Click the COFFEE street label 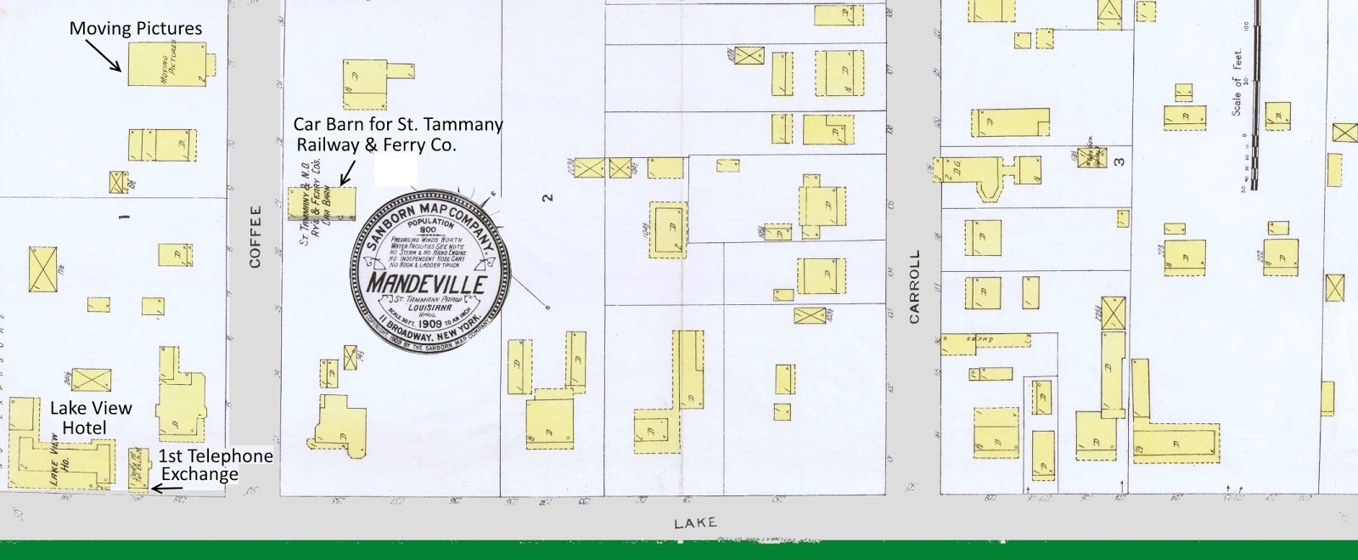pyautogui.click(x=255, y=237)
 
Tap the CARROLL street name pyautogui.click(x=914, y=287)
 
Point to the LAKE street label pyautogui.click(x=695, y=523)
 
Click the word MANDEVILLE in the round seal pyautogui.click(x=426, y=282)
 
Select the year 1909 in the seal pyautogui.click(x=430, y=324)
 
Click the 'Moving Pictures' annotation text pyautogui.click(x=136, y=28)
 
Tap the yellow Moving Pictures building pyautogui.click(x=167, y=65)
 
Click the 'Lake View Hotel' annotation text pyautogui.click(x=90, y=417)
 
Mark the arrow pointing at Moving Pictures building pyautogui.click(x=106, y=56)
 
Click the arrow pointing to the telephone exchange pyautogui.click(x=166, y=488)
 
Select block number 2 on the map pyautogui.click(x=549, y=198)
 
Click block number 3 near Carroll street pyautogui.click(x=1120, y=161)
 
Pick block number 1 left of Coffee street pyautogui.click(x=124, y=218)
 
